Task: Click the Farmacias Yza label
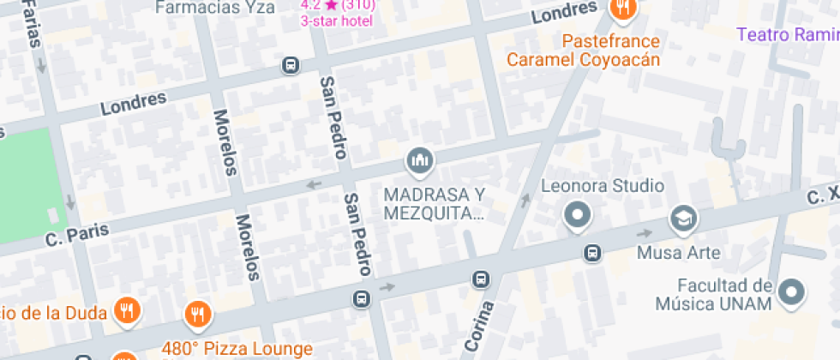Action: point(214,8)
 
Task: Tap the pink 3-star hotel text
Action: point(337,21)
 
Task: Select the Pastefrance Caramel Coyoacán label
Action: point(583,51)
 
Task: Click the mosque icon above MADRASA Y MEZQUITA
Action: point(420,159)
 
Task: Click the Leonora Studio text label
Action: point(603,185)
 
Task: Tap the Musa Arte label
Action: point(678,253)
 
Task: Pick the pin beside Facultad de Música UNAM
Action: point(792,293)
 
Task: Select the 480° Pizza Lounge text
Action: point(237,349)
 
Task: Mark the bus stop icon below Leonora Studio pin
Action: point(591,253)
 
